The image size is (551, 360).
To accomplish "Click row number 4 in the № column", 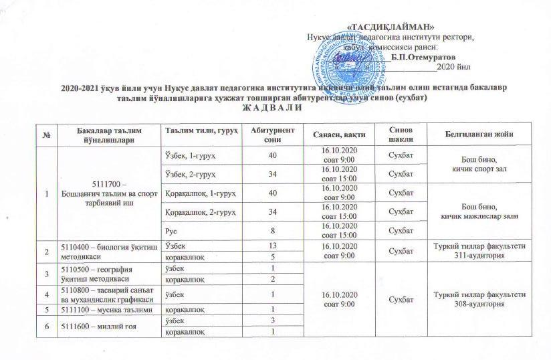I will [x=47, y=294].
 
